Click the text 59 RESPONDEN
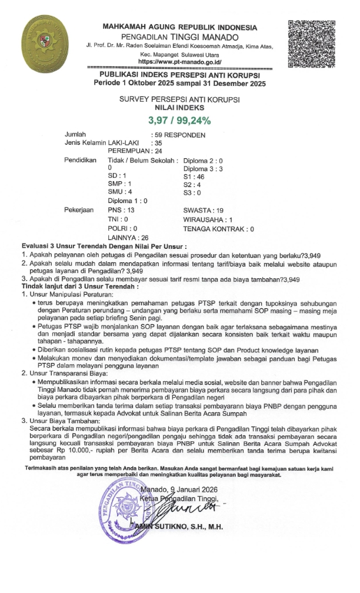coord(179,135)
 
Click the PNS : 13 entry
coord(122,210)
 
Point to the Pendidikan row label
coord(80,160)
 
